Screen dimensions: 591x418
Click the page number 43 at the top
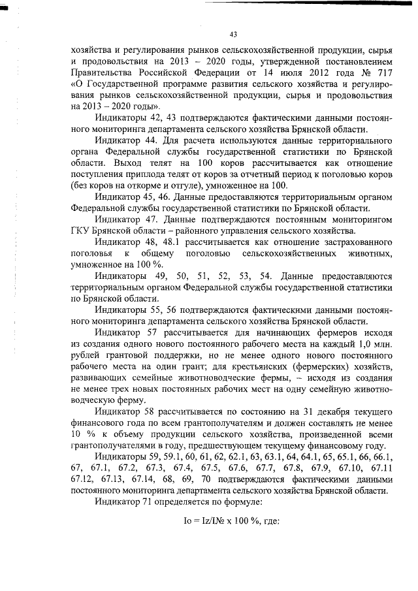tap(233, 35)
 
